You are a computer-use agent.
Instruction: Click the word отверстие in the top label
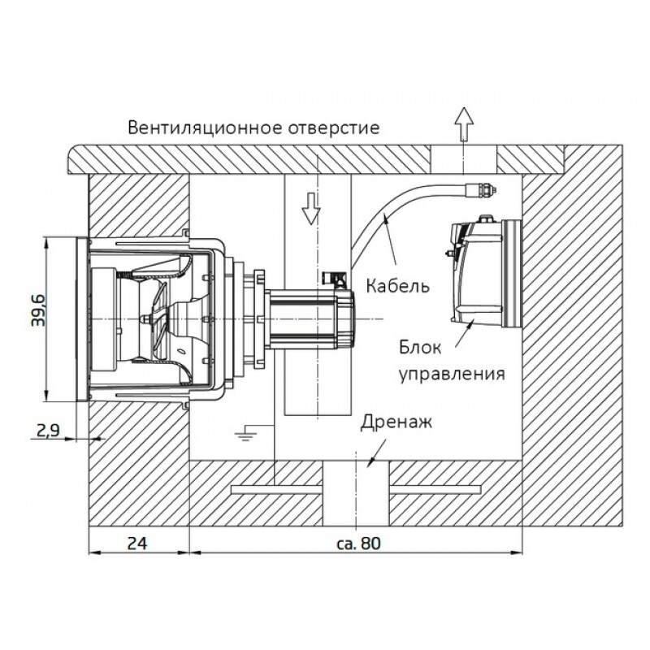tap(334, 128)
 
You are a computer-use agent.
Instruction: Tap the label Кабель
tap(397, 286)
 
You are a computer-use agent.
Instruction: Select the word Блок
tap(420, 348)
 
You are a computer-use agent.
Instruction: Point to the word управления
tap(452, 374)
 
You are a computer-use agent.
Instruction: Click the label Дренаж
tap(396, 422)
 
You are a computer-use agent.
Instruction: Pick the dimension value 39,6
tap(39, 310)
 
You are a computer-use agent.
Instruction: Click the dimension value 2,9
tap(48, 431)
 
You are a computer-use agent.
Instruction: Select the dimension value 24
tap(137, 543)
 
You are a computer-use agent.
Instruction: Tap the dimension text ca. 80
tap(358, 543)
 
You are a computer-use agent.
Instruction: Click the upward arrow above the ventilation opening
tap(464, 124)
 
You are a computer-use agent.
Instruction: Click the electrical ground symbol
tap(246, 433)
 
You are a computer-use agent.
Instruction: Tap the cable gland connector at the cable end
tap(480, 190)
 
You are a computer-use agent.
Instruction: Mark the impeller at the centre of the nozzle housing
tap(158, 318)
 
